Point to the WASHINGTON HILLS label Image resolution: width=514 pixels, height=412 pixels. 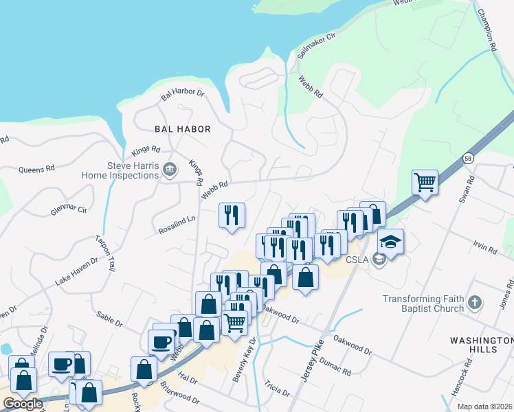(482, 345)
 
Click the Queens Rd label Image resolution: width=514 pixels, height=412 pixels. (36, 170)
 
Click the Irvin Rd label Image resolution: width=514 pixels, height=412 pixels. (484, 245)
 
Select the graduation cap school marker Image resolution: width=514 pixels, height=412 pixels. (390, 242)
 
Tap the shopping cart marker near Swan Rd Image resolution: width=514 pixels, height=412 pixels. (425, 183)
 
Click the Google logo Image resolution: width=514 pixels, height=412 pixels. (23, 404)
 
